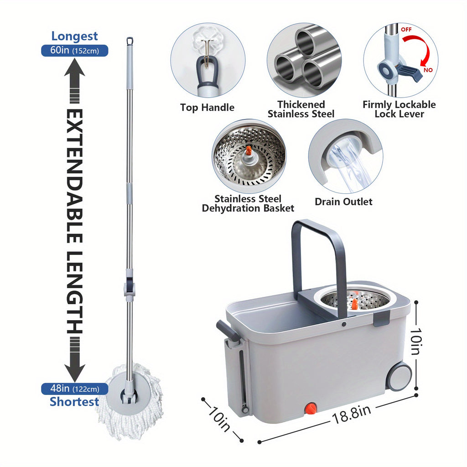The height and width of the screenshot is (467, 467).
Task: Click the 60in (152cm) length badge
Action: click(74, 50)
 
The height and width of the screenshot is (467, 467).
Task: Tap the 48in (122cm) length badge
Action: click(74, 389)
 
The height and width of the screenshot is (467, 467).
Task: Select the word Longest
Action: click(74, 36)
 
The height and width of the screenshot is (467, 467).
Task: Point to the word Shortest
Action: click(74, 402)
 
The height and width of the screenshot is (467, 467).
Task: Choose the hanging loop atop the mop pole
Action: click(130, 41)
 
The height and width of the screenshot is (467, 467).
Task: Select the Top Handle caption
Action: click(207, 108)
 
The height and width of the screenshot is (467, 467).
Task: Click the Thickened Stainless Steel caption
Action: click(301, 109)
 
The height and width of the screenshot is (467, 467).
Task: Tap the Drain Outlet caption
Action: click(343, 202)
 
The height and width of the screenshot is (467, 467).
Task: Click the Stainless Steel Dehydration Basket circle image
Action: click(249, 156)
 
